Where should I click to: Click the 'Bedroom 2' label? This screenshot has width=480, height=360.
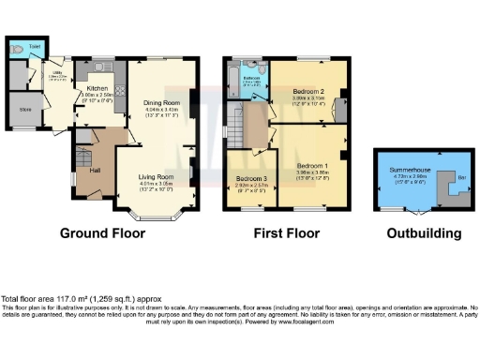pyautogui.click(x=315, y=90)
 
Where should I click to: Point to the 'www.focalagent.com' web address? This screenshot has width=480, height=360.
pyautogui.click(x=328, y=322)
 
